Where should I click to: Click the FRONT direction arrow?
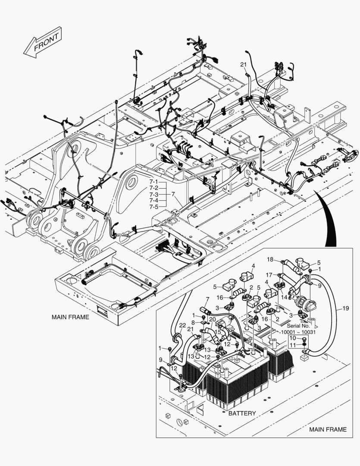click(43, 42)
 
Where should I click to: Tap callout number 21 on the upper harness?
click(243, 65)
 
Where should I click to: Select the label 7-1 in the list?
click(154, 182)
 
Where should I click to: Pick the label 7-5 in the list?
click(154, 207)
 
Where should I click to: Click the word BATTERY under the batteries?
click(242, 413)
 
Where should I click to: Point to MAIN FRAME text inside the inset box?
click(328, 429)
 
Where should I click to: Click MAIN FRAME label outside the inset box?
click(70, 317)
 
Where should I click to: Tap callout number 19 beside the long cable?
click(345, 309)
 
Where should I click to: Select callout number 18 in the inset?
click(270, 259)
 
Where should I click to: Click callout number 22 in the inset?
click(171, 325)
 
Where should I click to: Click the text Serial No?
click(298, 326)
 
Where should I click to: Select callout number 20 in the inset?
click(213, 319)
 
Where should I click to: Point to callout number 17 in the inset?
click(269, 275)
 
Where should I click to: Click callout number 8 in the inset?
click(194, 322)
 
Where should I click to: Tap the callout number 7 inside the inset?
click(207, 299)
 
